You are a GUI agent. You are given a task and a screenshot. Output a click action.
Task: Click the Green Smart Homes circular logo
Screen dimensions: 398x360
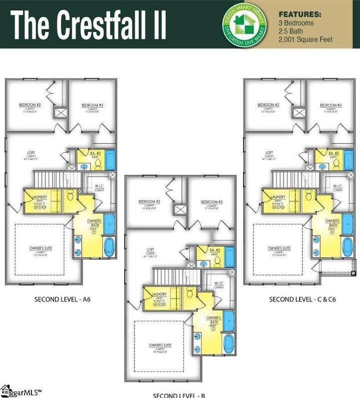click(244, 24)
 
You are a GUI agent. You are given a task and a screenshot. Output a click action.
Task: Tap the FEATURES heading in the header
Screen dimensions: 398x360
click(300, 14)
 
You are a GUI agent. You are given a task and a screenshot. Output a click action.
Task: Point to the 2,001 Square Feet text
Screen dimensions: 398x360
click(306, 40)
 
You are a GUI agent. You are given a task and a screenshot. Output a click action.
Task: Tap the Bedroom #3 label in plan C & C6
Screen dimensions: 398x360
click(331, 105)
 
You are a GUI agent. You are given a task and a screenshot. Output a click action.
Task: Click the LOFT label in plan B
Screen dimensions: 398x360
click(150, 249)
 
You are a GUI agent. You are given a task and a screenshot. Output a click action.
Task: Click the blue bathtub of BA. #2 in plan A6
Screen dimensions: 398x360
click(110, 160)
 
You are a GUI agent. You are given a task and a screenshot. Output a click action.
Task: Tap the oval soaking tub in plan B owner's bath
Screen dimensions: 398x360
click(228, 344)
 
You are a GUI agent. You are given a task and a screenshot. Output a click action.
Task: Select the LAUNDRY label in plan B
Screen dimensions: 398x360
click(158, 294)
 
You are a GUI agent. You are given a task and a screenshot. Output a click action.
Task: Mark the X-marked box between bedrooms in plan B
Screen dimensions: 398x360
click(180, 209)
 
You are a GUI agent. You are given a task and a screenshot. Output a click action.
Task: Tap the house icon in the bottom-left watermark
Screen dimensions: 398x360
click(6, 390)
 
